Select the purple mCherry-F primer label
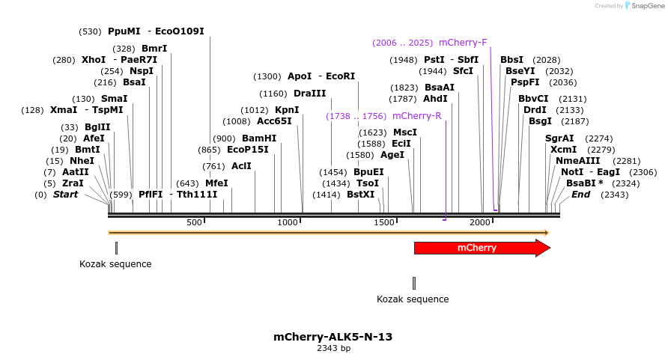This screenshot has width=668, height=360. (463, 43)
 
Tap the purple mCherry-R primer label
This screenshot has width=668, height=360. (416, 116)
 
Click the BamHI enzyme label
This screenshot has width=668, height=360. (259, 138)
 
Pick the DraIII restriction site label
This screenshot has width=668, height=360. (310, 94)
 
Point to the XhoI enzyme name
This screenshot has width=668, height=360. (94, 60)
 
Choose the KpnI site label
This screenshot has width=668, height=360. (287, 110)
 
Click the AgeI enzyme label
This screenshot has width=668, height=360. (392, 155)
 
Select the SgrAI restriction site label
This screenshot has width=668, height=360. (559, 138)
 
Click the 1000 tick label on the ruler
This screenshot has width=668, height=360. (288, 223)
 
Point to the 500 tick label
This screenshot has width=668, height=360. (195, 223)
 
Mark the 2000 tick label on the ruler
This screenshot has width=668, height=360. (480, 223)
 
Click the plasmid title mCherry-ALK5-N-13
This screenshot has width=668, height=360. (333, 337)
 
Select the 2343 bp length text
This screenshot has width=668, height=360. (333, 348)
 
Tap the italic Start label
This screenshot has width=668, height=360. (65, 195)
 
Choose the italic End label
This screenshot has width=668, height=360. (580, 195)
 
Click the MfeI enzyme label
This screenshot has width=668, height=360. (216, 183)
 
